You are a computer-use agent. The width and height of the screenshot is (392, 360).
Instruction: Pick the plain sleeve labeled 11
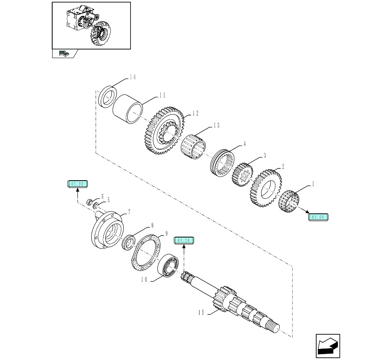(127, 108)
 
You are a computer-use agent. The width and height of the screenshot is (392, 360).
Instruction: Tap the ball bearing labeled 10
(169, 265)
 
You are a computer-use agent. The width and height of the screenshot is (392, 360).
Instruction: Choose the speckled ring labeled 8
(128, 242)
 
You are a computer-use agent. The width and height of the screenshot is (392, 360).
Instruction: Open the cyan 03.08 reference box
(318, 217)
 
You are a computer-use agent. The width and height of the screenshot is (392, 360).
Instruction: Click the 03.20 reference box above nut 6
(77, 184)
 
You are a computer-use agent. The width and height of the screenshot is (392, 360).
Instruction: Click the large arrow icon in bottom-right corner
(328, 346)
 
